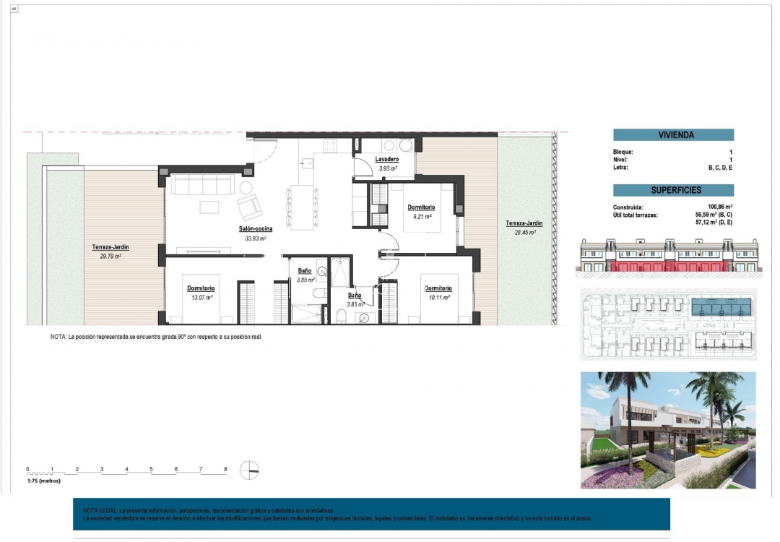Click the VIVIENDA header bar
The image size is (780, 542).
(673, 135)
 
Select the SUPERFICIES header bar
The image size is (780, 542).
(673, 191)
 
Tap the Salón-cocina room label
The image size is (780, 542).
(256, 229)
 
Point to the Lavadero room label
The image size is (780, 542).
(388, 160)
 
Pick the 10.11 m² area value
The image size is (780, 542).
(437, 297)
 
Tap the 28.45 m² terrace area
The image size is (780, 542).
(524, 233)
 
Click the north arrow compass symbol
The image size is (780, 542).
(249, 470)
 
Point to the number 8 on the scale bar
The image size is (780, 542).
(226, 469)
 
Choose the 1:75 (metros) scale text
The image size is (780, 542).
(44, 481)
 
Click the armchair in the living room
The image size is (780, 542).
(251, 208)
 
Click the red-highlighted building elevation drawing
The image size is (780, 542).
(668, 259)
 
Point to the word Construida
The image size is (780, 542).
(628, 207)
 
